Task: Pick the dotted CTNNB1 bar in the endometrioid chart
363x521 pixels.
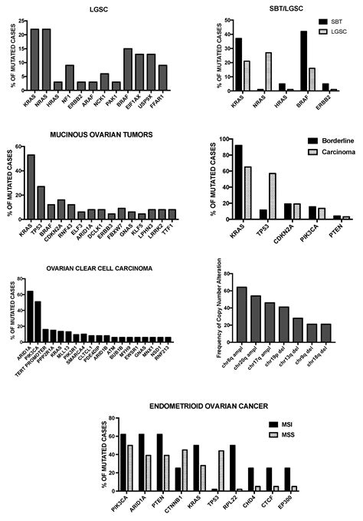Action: click(185, 470)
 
